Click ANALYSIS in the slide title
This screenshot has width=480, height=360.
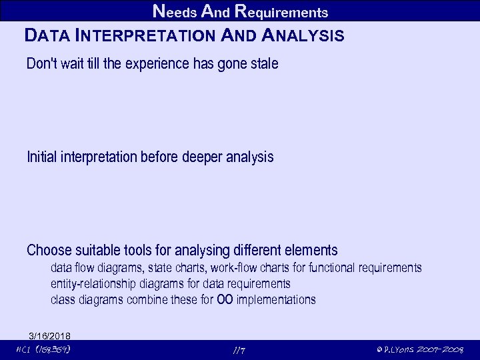coord(304,36)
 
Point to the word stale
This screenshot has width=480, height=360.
coord(261,65)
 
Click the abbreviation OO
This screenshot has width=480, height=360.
coord(225,300)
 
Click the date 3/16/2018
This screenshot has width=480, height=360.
coord(50,335)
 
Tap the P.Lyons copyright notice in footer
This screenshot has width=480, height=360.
coord(419,350)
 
